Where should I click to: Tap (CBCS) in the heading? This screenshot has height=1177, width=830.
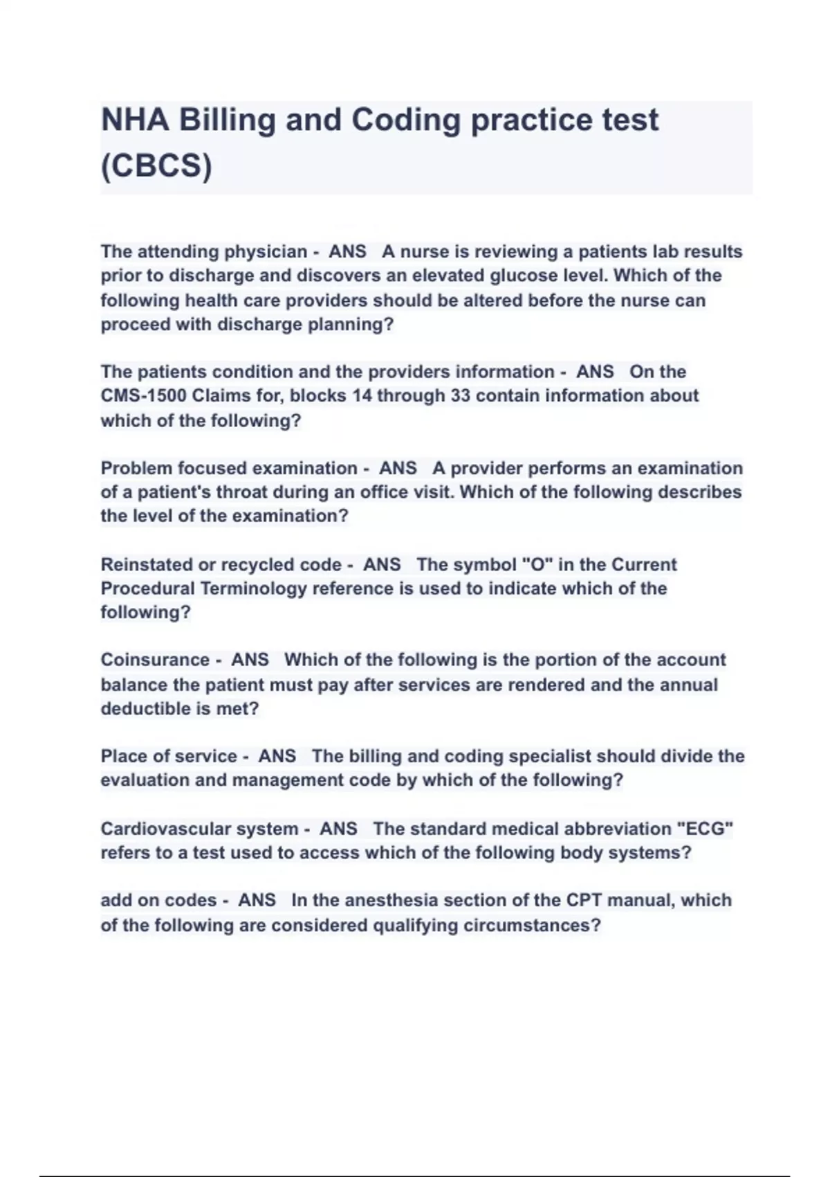pyautogui.click(x=156, y=165)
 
